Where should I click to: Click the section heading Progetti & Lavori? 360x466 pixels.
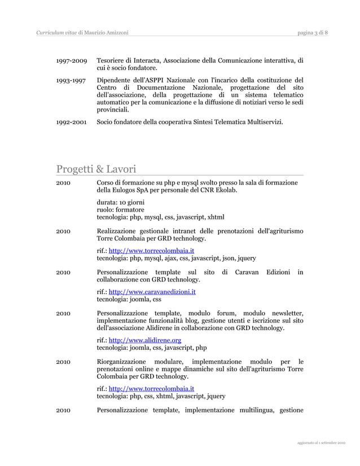pyautogui.click(x=96, y=169)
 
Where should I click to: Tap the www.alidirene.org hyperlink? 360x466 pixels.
pyautogui.click(x=144, y=340)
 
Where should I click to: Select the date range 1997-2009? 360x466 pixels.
pyautogui.click(x=71, y=60)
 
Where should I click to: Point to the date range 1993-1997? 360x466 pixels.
pyautogui.click(x=71, y=80)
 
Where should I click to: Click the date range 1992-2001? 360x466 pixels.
pyautogui.click(x=71, y=121)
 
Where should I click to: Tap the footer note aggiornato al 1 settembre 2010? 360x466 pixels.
pyautogui.click(x=322, y=443)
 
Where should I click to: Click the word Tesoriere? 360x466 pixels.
pyautogui.click(x=113, y=60)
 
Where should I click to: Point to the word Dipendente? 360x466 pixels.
pyautogui.click(x=116, y=80)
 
